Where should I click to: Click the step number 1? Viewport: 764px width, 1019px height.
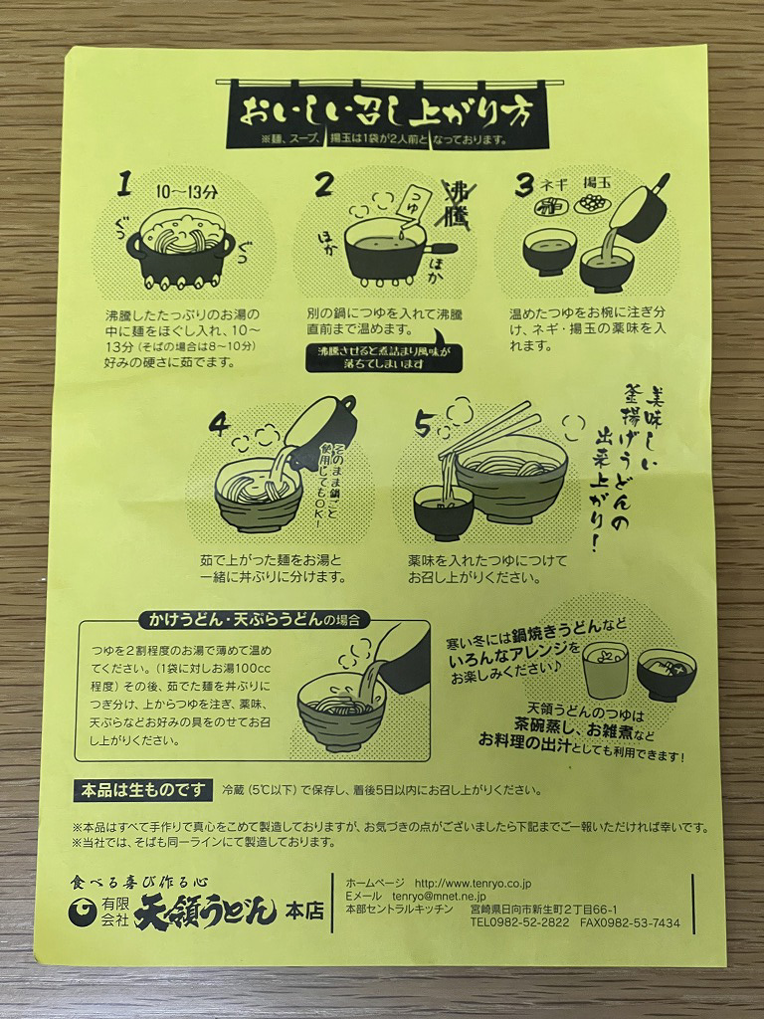[124, 183]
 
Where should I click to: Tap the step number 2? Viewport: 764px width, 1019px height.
[323, 184]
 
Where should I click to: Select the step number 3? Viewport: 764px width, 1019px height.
[523, 186]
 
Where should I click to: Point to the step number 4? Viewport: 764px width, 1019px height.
[220, 426]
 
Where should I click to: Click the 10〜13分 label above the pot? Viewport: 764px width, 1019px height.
[187, 192]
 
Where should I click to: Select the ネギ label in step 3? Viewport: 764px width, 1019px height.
[552, 184]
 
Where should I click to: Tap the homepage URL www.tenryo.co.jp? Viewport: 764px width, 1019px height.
[473, 884]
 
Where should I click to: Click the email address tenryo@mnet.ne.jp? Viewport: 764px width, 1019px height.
[439, 897]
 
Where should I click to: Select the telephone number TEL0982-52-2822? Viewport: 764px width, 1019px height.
[519, 922]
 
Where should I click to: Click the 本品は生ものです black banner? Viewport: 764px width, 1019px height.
[143, 790]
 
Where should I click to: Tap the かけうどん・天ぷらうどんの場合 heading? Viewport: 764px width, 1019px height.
[254, 619]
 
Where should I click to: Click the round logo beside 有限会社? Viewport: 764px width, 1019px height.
[83, 912]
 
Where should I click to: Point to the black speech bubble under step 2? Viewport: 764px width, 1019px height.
[384, 355]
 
